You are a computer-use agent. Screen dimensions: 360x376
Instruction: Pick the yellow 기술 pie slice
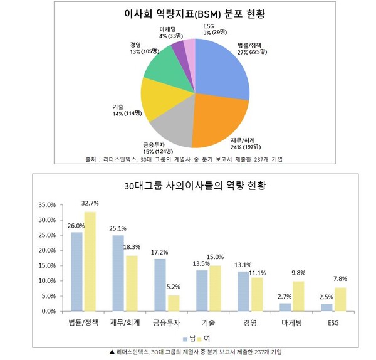coord(160,100)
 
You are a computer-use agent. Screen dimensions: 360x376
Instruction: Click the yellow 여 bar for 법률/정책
coord(90,262)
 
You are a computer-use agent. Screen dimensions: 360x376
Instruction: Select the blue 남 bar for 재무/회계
coord(118,273)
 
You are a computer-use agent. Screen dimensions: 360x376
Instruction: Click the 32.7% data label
coord(90,204)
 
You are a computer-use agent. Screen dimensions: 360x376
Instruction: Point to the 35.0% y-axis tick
coord(46,205)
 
